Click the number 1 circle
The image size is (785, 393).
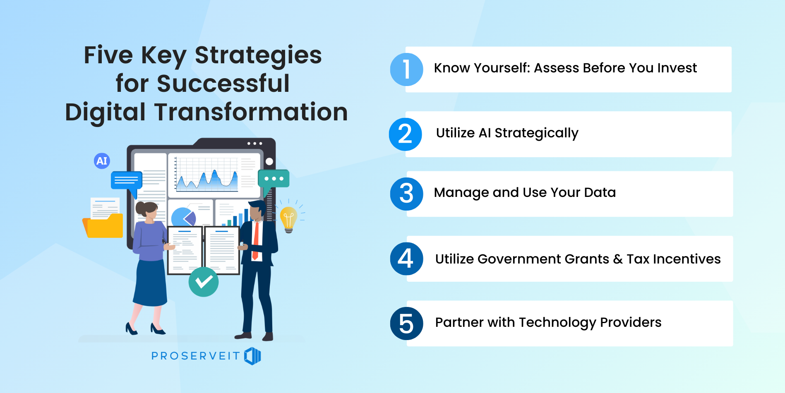407,69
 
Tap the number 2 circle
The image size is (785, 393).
406,134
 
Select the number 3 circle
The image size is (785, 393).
407,194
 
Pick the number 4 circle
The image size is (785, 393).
407,259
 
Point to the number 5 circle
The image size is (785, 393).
407,324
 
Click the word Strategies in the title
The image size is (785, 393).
258,56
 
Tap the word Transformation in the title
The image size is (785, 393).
251,112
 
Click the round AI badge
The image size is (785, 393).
102,161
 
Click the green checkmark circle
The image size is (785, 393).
204,282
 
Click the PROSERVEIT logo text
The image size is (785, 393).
195,356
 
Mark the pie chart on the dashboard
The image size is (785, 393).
184,216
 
